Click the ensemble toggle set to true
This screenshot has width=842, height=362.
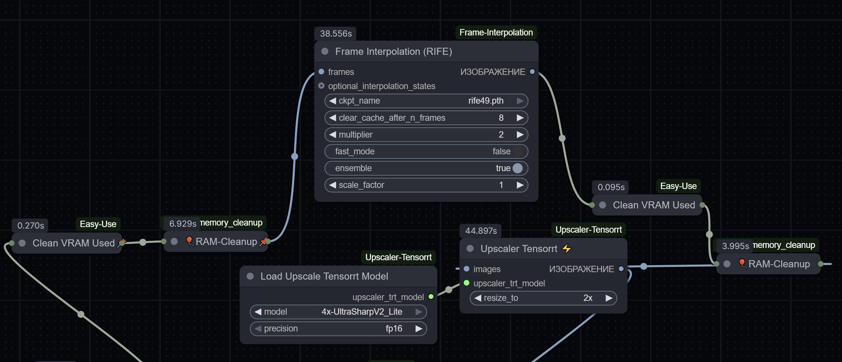tap(517, 168)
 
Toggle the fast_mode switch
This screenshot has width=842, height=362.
tap(517, 151)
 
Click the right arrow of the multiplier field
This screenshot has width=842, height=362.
tap(520, 135)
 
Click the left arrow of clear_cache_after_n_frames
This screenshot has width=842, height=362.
tap(333, 118)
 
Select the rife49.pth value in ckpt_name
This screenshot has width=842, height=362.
tap(486, 101)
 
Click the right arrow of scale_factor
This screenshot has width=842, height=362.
tap(520, 185)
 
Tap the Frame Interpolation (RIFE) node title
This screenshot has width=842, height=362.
tap(393, 51)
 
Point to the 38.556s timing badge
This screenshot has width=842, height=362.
tap(336, 34)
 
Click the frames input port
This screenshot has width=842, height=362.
tap(321, 72)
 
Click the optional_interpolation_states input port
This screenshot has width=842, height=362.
tap(321, 86)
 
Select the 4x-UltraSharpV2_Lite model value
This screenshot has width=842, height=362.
tap(362, 312)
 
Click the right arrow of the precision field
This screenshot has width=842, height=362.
tap(419, 328)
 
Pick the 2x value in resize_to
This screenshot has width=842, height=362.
tap(588, 298)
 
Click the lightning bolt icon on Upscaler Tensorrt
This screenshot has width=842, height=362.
tap(567, 248)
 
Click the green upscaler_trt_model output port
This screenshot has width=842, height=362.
tap(431, 297)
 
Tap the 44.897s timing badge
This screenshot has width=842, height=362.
tap(481, 231)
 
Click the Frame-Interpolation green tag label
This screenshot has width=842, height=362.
tap(496, 32)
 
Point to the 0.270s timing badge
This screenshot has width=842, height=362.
tap(31, 226)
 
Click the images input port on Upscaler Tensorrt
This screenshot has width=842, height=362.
tap(466, 269)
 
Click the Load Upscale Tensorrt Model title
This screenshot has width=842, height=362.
tap(324, 276)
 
